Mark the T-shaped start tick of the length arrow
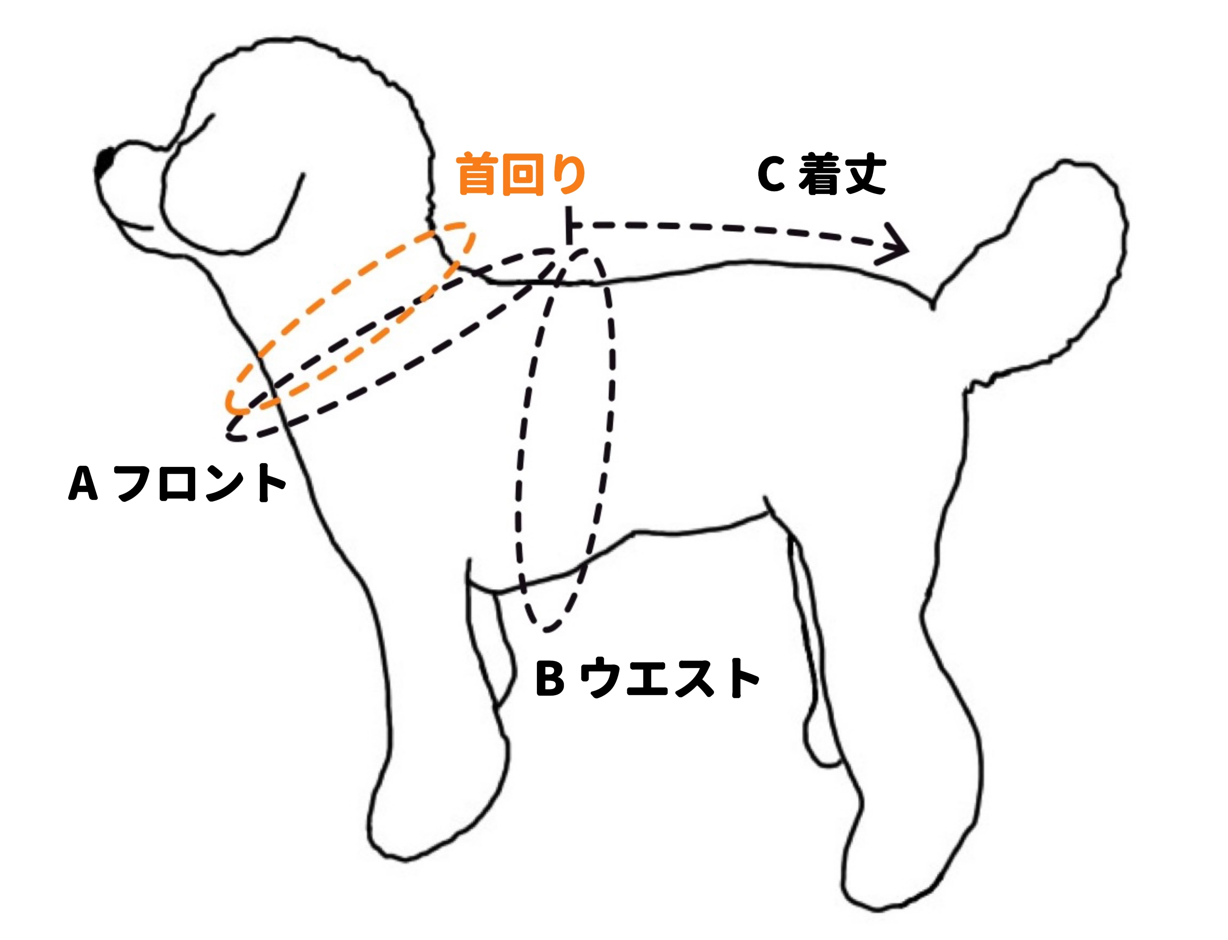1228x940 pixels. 570,225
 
